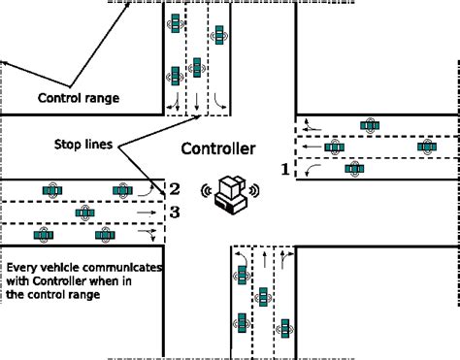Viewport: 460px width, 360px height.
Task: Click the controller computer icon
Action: (231, 194)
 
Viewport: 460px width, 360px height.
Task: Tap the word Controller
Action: (218, 148)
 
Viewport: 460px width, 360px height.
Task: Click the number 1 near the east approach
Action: (285, 169)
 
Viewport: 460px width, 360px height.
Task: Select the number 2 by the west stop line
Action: (175, 189)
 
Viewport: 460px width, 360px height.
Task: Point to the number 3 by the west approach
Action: (175, 213)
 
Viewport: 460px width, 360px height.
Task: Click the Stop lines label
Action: (83, 145)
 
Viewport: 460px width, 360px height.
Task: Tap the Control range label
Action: (79, 98)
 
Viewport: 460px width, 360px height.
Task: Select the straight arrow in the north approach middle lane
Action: (197, 102)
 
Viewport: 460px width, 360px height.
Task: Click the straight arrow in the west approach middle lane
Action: (147, 213)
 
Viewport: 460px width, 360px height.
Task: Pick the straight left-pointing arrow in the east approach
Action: (312, 147)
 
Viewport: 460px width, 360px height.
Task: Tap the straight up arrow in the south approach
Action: (265, 259)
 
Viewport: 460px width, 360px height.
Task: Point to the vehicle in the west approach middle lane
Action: (85, 213)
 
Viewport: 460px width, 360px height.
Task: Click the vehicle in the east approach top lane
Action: (370, 125)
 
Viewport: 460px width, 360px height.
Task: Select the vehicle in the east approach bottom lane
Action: (354, 169)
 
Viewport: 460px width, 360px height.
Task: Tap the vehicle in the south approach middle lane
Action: (263, 297)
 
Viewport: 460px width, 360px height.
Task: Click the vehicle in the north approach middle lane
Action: (197, 68)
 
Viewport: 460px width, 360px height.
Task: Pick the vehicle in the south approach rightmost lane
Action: (285, 329)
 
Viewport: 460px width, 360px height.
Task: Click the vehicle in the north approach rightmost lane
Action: (219, 35)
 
